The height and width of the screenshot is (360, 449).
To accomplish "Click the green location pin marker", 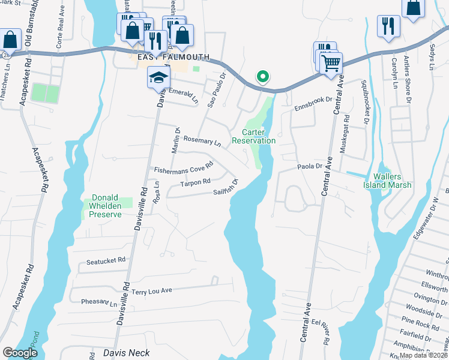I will [262, 77].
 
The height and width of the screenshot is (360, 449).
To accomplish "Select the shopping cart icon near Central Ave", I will [332, 62].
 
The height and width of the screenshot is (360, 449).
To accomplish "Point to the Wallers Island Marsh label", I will [392, 181].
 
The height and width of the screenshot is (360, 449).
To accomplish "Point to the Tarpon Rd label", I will [196, 181].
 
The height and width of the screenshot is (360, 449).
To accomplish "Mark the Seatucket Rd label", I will [106, 260].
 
